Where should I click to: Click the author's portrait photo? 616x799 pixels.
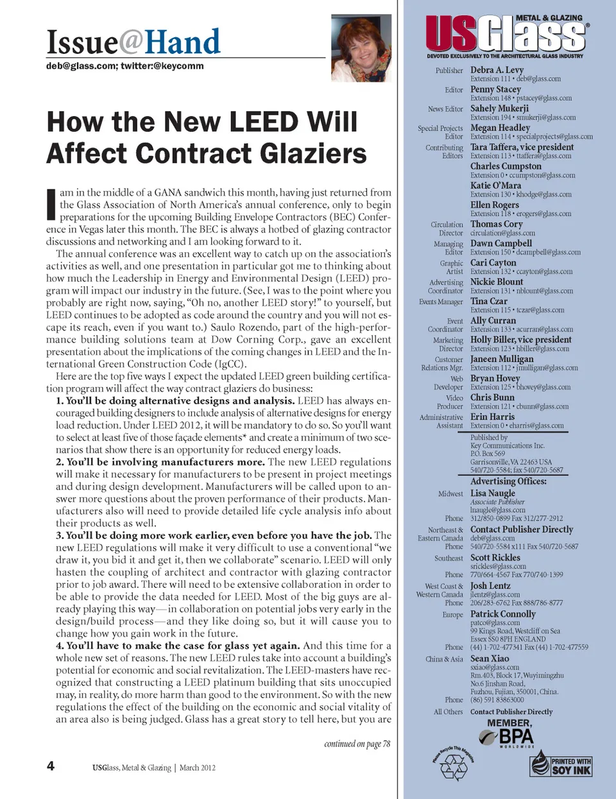361,49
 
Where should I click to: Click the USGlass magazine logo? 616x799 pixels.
507,35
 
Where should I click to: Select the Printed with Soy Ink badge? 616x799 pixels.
560,763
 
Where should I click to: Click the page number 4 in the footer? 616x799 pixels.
50,766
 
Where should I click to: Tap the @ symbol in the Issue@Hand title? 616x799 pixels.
131,42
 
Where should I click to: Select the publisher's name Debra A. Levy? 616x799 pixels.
497,70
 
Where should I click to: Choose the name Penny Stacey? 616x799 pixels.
495,89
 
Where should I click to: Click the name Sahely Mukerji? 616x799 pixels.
499,108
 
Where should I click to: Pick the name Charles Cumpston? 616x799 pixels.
506,166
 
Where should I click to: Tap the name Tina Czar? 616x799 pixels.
488,301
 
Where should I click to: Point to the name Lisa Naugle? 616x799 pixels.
492,494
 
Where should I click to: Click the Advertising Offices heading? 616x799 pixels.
508,481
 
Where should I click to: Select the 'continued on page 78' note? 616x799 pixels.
357,744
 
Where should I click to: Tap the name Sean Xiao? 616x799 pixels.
490,658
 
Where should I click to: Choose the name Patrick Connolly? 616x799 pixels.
502,614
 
